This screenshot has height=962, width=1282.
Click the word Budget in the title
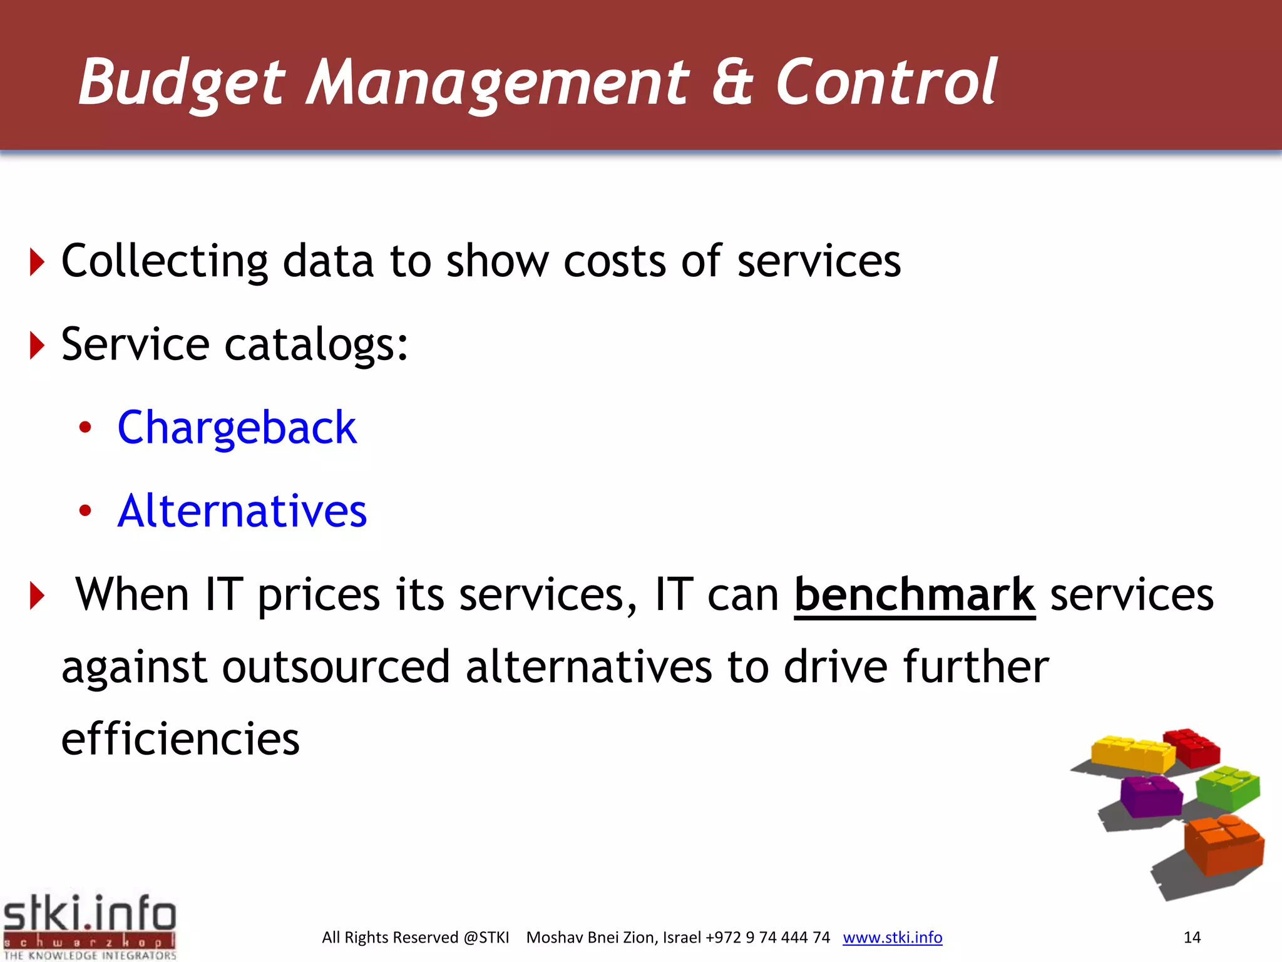182,83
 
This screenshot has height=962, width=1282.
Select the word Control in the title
885,83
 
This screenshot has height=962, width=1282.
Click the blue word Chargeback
237,428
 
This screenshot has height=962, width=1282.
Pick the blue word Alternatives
242,511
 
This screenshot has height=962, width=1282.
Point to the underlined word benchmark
914,595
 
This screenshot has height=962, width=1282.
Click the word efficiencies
180,739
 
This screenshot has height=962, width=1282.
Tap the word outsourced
336,666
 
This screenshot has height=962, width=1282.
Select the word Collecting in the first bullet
165,262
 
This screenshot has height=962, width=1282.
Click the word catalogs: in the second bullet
316,345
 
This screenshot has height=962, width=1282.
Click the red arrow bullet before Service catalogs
37,345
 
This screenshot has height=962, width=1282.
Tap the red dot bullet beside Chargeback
85,428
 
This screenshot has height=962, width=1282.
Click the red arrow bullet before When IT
37,596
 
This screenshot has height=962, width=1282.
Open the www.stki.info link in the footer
892,938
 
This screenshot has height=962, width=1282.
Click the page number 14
1191,938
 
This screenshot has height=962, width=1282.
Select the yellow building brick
1132,754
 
